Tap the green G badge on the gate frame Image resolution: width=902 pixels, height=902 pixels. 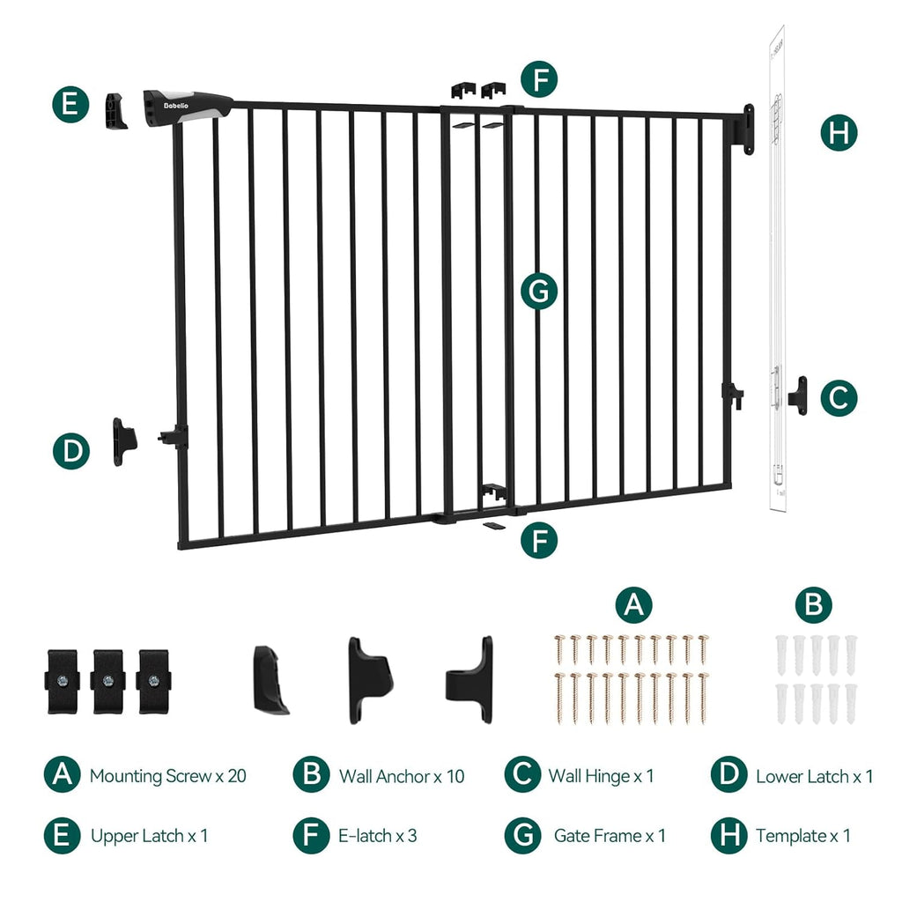pos(539,291)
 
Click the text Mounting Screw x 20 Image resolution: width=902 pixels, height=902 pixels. pos(167,776)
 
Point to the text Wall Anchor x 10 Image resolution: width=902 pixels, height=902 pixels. pos(401,776)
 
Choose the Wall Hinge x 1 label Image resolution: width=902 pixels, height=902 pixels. pos(601,776)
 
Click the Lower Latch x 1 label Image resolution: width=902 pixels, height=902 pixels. pos(814,776)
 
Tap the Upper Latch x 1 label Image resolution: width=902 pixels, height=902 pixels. pos(149,835)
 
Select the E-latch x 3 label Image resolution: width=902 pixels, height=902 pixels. pos(378,835)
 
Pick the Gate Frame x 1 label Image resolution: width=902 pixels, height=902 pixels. pos(610,835)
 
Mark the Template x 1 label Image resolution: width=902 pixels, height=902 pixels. pos(802,835)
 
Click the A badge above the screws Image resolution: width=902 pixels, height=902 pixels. pos(633,605)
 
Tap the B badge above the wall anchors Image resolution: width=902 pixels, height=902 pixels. pos(813,605)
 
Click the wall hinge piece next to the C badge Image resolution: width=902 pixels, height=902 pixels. pos(798,393)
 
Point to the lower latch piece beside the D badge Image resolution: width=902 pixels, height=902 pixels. pos(123,440)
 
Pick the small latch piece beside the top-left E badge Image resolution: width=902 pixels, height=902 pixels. pos(115,111)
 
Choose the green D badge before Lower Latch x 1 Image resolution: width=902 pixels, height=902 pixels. pos(728,775)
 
